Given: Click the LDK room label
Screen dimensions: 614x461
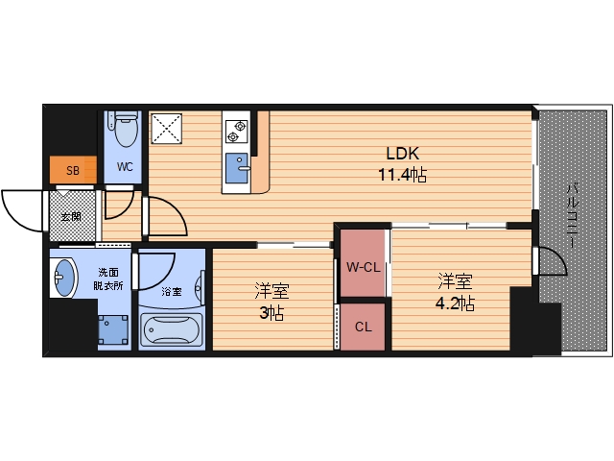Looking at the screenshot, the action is coord(403,154).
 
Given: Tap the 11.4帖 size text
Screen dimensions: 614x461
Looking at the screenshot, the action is coord(403,175).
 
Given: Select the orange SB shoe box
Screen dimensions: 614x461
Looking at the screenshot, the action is coord(73,170).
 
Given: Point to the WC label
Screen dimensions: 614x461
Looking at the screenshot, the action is coord(125,167).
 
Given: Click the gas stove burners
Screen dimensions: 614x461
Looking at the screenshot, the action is coord(237,132).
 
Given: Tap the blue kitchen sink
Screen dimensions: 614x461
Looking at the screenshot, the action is coord(237,168).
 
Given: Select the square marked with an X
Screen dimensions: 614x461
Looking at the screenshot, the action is coord(166,128).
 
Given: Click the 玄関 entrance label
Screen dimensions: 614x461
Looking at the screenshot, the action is coord(71,217).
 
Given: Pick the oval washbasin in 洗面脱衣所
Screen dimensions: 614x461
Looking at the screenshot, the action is coord(64,278).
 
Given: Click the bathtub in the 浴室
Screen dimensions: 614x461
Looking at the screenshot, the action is coord(172,330).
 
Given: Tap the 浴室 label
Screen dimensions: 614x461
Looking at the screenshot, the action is coord(172,291).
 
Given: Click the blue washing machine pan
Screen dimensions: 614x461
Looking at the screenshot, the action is coord(113,330).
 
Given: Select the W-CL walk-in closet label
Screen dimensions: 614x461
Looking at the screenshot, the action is coord(363,267).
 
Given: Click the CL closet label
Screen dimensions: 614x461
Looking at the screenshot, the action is coord(363,327).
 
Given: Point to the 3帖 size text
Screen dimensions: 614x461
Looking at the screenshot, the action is coord(272,313).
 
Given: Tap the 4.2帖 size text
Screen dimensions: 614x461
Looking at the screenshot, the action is coord(455,303).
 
